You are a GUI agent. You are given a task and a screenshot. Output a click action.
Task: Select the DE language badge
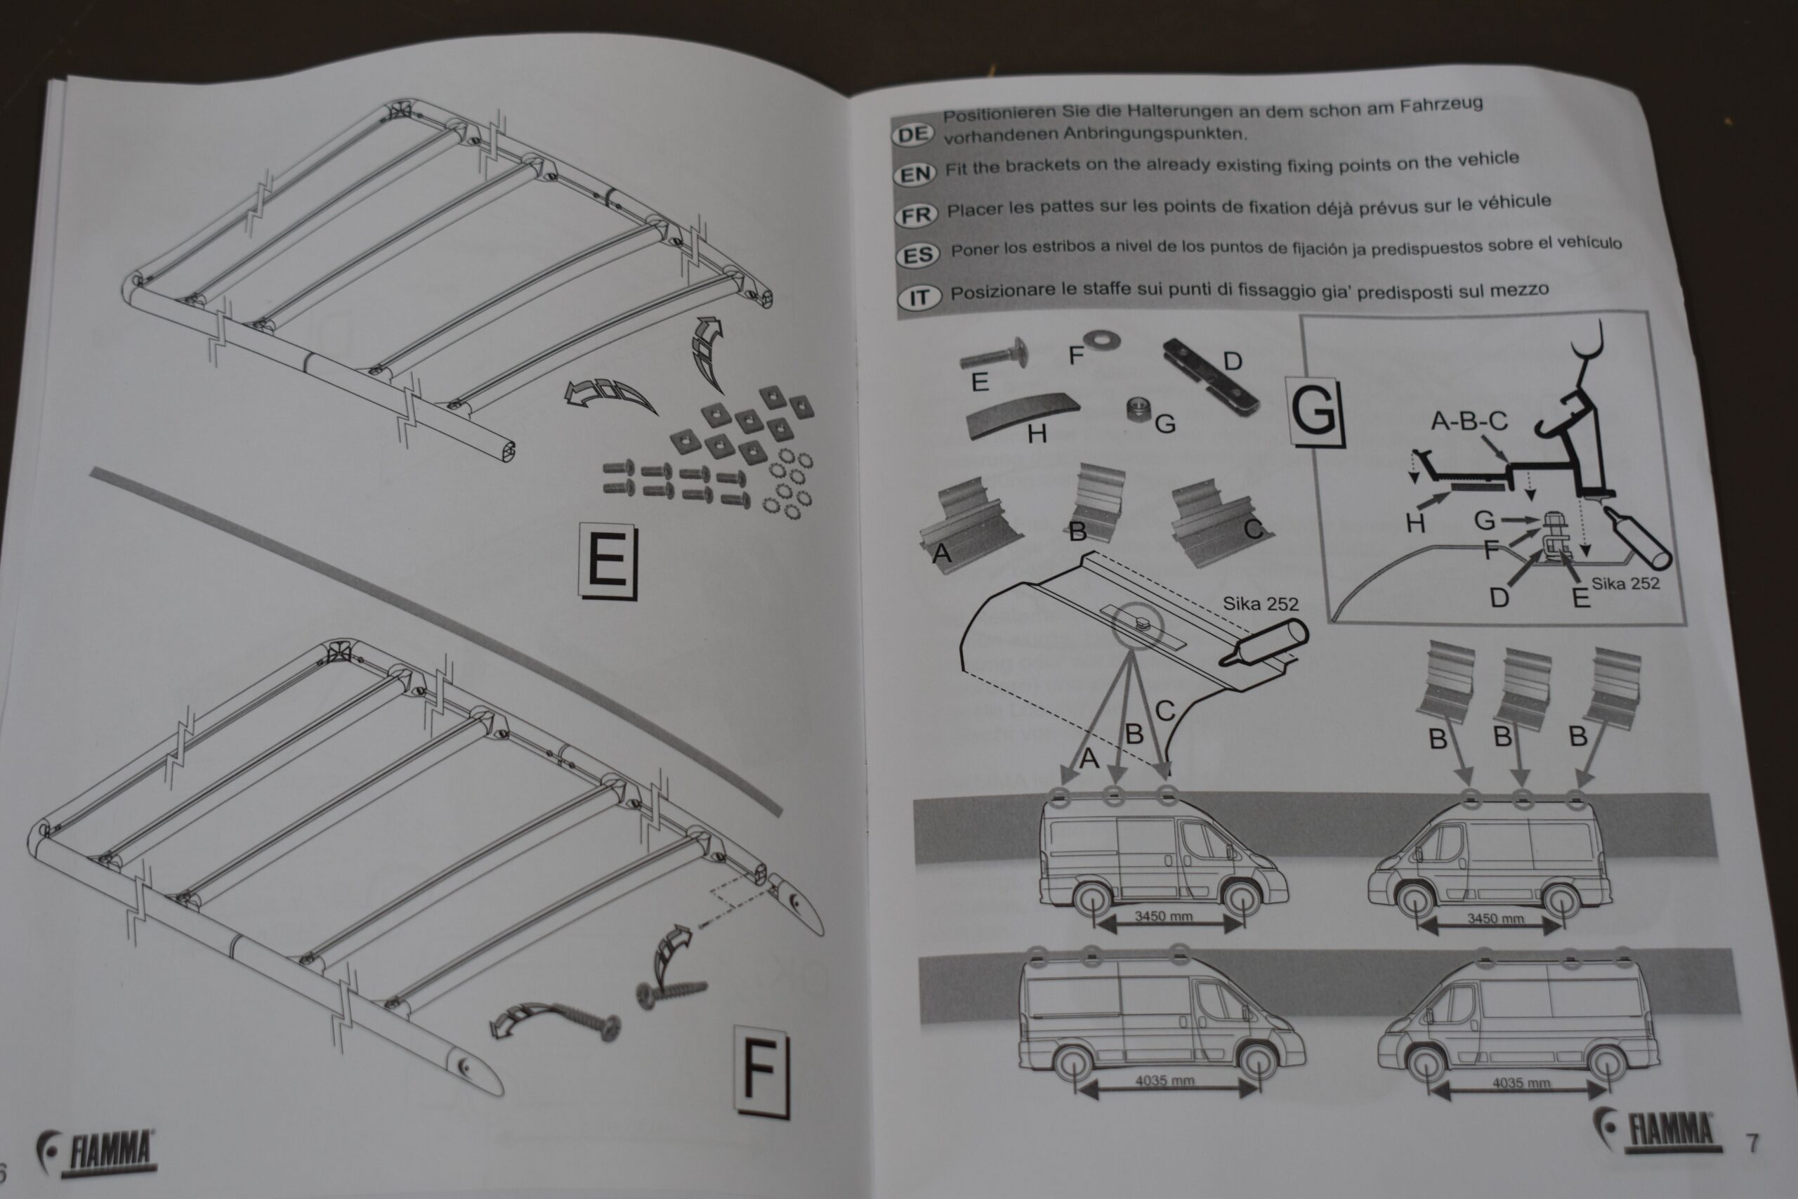tap(913, 135)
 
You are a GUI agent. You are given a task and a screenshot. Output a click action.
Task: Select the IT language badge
tap(919, 297)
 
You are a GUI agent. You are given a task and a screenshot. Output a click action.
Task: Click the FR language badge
tap(915, 216)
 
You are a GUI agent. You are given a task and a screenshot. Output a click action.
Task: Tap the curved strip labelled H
tap(1023, 414)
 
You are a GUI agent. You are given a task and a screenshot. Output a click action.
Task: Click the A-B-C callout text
tap(1469, 421)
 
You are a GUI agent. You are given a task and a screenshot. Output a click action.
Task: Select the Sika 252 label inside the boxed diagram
tap(1625, 584)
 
